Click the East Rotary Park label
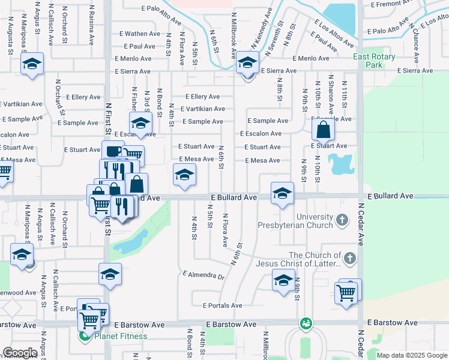coord(376,61)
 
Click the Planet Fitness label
coord(121,336)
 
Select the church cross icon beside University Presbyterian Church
coord(342,220)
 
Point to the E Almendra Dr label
coord(203,276)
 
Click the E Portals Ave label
coord(222,305)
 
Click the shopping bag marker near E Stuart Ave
coord(323,128)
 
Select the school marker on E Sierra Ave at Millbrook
coord(247,62)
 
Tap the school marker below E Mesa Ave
coord(184,175)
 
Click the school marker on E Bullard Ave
coord(282,193)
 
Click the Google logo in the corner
coord(20,353)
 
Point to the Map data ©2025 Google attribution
coord(412,355)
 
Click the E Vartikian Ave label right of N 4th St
coord(205,109)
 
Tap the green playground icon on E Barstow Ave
coord(306,323)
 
